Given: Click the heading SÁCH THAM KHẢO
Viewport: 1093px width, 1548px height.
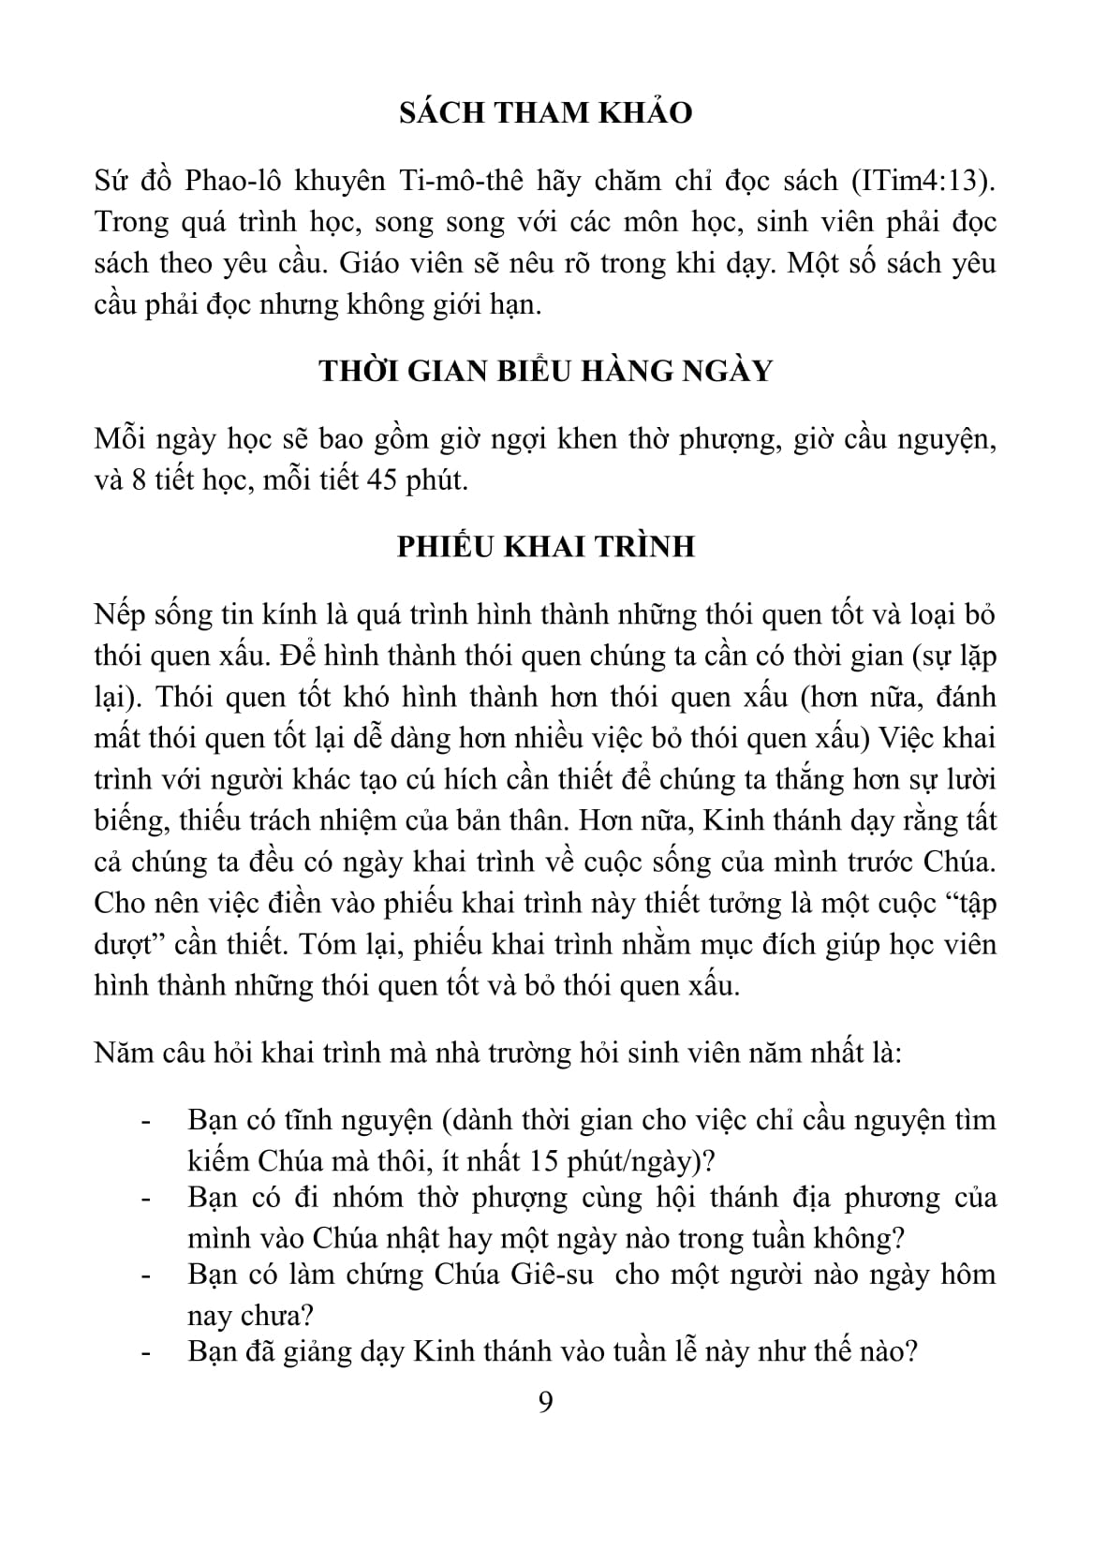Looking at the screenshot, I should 546,113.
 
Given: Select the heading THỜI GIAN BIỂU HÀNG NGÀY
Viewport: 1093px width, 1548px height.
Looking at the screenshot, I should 546,371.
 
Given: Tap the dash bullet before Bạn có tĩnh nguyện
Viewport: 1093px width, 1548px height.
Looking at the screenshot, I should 145,1122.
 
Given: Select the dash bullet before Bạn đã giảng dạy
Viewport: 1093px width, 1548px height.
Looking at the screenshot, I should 145,1354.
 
